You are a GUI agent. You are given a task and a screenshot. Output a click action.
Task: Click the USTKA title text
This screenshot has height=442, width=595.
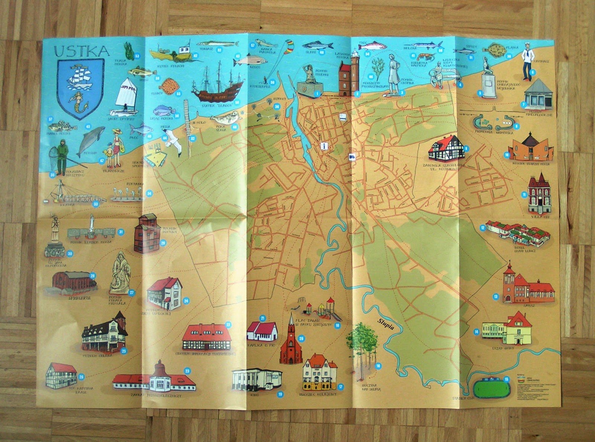click(x=82, y=51)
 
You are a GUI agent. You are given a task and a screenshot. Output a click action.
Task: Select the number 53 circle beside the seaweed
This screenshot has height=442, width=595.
click(x=137, y=56)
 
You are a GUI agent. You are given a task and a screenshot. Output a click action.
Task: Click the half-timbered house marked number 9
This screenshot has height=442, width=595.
click(x=446, y=148)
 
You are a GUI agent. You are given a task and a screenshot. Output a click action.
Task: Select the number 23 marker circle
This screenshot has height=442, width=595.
click(x=187, y=371)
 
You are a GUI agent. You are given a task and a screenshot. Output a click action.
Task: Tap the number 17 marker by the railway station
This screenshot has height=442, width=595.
click(x=341, y=387)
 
